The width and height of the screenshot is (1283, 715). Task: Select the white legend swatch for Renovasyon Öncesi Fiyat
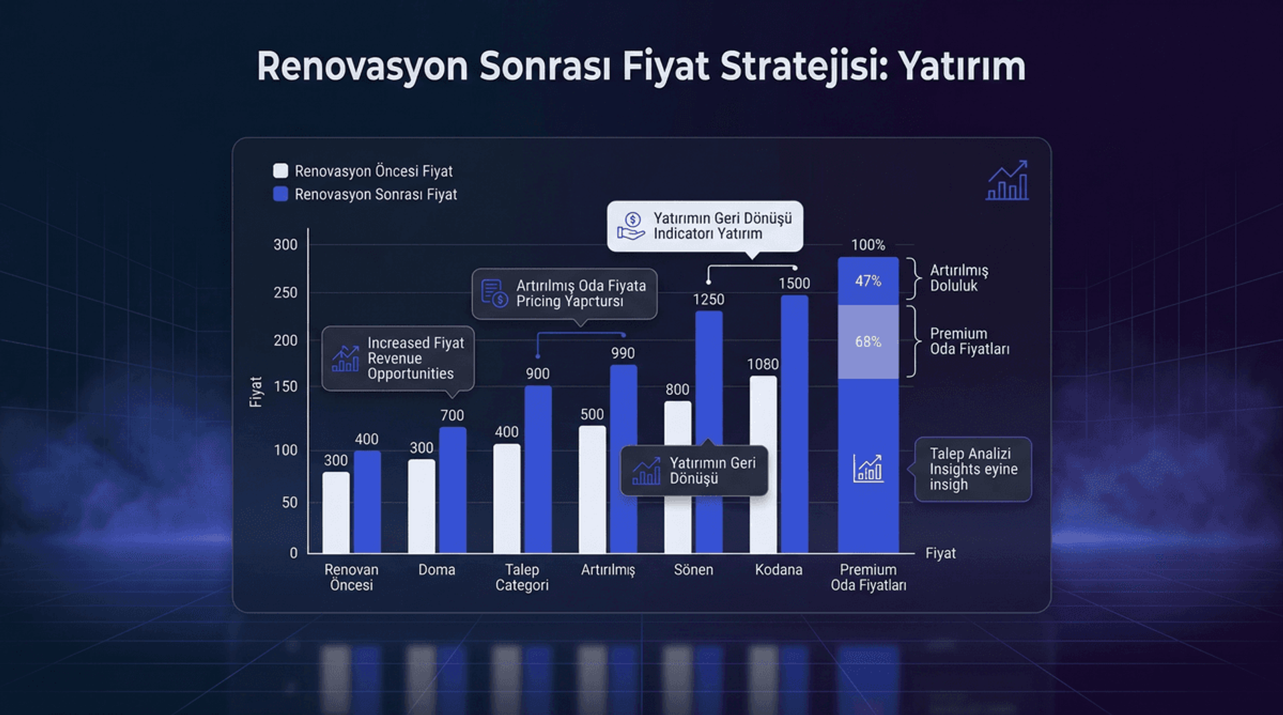(281, 170)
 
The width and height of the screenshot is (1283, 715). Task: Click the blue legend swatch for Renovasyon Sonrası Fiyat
(281, 194)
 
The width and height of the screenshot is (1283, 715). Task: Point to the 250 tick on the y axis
(285, 293)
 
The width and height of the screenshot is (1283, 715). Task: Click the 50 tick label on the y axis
(289, 503)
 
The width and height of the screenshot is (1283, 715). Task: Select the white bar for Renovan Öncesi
(335, 512)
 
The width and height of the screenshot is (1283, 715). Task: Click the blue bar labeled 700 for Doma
(452, 491)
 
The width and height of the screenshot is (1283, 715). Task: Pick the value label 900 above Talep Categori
(537, 374)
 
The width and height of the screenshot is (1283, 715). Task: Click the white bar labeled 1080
(763, 464)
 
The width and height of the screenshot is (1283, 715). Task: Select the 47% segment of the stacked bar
(868, 281)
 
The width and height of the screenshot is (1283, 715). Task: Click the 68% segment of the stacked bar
(868, 342)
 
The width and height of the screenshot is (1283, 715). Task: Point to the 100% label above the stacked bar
(868, 245)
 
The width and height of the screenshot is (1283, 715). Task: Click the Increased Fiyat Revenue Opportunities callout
(398, 358)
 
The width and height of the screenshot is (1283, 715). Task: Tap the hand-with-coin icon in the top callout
(631, 226)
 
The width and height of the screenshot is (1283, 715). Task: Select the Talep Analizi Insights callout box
(972, 469)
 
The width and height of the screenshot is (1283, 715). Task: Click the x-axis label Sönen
(693, 570)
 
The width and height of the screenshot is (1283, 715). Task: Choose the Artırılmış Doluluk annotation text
(958, 278)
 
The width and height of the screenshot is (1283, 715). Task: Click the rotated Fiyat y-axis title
(255, 392)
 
